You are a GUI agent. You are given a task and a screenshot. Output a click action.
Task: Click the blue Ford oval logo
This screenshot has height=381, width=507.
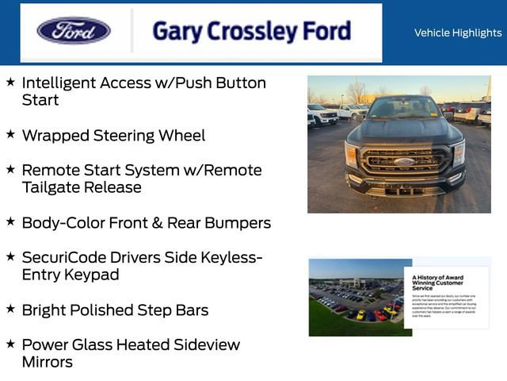coord(74,31)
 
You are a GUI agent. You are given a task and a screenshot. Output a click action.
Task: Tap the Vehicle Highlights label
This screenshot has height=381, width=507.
coord(458,33)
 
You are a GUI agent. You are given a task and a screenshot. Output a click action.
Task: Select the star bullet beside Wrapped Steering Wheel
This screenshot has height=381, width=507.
coord(10,135)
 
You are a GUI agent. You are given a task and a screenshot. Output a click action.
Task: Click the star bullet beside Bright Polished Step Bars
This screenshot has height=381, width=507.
coord(10,310)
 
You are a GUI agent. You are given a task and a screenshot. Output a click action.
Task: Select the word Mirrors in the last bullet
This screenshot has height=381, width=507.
coord(48,362)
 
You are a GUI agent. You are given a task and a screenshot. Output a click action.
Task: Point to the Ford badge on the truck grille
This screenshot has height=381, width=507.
coord(403,161)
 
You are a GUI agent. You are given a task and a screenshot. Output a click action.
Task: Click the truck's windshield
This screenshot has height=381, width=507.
coord(403,109)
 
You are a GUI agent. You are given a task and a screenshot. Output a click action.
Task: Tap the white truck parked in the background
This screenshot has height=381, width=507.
coord(322,114)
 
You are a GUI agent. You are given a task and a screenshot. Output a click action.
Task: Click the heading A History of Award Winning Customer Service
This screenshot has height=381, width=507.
coord(437,282)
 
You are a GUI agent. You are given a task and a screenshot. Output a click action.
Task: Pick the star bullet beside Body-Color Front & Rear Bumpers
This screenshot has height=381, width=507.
coord(10,222)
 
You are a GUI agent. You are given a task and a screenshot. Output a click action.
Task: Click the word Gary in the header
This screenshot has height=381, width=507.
coord(177,32)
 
